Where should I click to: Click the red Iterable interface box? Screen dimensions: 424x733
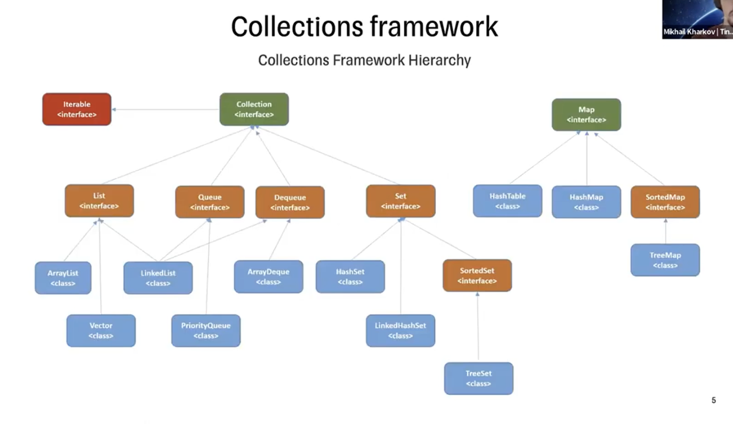76,109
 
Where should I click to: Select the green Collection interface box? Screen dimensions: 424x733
254,109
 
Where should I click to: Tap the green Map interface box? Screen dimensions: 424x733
586,115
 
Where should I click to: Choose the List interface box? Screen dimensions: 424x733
99,201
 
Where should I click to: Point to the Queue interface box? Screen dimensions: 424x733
210,202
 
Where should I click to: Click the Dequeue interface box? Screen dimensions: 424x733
290,202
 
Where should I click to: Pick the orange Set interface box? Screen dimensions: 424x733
401,201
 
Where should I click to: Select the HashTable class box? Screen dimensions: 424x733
508,201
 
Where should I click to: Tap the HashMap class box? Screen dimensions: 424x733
586,202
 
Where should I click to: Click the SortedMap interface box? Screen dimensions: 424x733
665,202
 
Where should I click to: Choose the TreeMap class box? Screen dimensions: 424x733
665,260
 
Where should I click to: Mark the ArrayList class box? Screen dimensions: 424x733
63,278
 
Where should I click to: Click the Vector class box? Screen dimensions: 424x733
101,330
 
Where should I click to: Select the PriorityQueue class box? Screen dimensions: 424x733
206,330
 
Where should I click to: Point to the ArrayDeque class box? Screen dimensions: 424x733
269,277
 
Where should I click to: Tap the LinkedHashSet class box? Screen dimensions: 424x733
401,330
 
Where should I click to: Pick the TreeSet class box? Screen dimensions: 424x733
478,378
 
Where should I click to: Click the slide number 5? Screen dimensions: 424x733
714,401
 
